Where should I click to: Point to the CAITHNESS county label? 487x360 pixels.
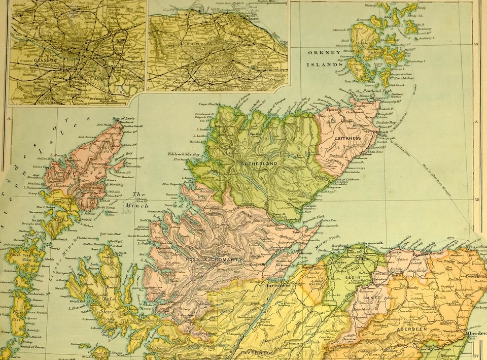click(348, 138)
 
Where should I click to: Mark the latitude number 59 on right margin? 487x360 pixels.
click(476, 45)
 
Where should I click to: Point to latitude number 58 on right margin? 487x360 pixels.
click(476, 200)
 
